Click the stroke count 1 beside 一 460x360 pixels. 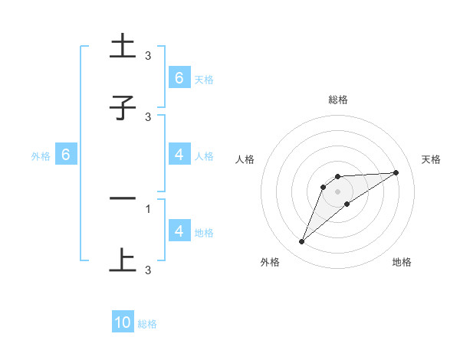148,208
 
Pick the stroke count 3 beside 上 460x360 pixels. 148,270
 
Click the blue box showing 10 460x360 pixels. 123,323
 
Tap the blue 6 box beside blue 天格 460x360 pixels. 179,78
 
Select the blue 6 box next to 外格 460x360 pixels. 66,155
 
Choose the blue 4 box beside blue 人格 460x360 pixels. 179,155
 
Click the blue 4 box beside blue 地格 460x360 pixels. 179,231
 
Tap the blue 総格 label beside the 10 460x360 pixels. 147,324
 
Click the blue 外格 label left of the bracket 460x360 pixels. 41,156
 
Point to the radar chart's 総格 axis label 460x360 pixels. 338,100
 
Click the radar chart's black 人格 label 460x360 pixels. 245,159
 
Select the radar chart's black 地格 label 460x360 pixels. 402,262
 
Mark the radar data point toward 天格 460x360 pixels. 396,172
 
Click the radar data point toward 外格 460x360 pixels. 301,242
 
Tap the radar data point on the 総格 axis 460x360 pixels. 338,177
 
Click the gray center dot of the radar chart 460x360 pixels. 338,191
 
